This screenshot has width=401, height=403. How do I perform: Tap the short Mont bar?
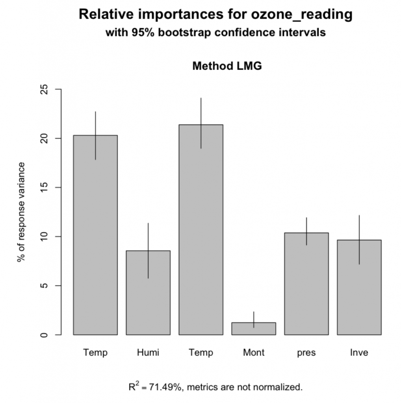click(x=253, y=329)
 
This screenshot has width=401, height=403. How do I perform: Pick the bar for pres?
click(x=306, y=283)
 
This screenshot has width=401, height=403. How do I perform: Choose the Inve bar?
click(x=359, y=287)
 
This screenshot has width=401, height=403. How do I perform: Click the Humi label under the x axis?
click(x=148, y=353)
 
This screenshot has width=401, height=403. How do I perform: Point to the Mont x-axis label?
click(x=253, y=353)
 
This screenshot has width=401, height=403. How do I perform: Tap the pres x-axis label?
click(x=306, y=353)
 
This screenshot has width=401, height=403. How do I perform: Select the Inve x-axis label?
click(x=359, y=353)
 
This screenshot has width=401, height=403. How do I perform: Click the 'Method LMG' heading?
click(x=227, y=66)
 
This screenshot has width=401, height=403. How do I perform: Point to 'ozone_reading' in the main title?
click(x=302, y=15)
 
